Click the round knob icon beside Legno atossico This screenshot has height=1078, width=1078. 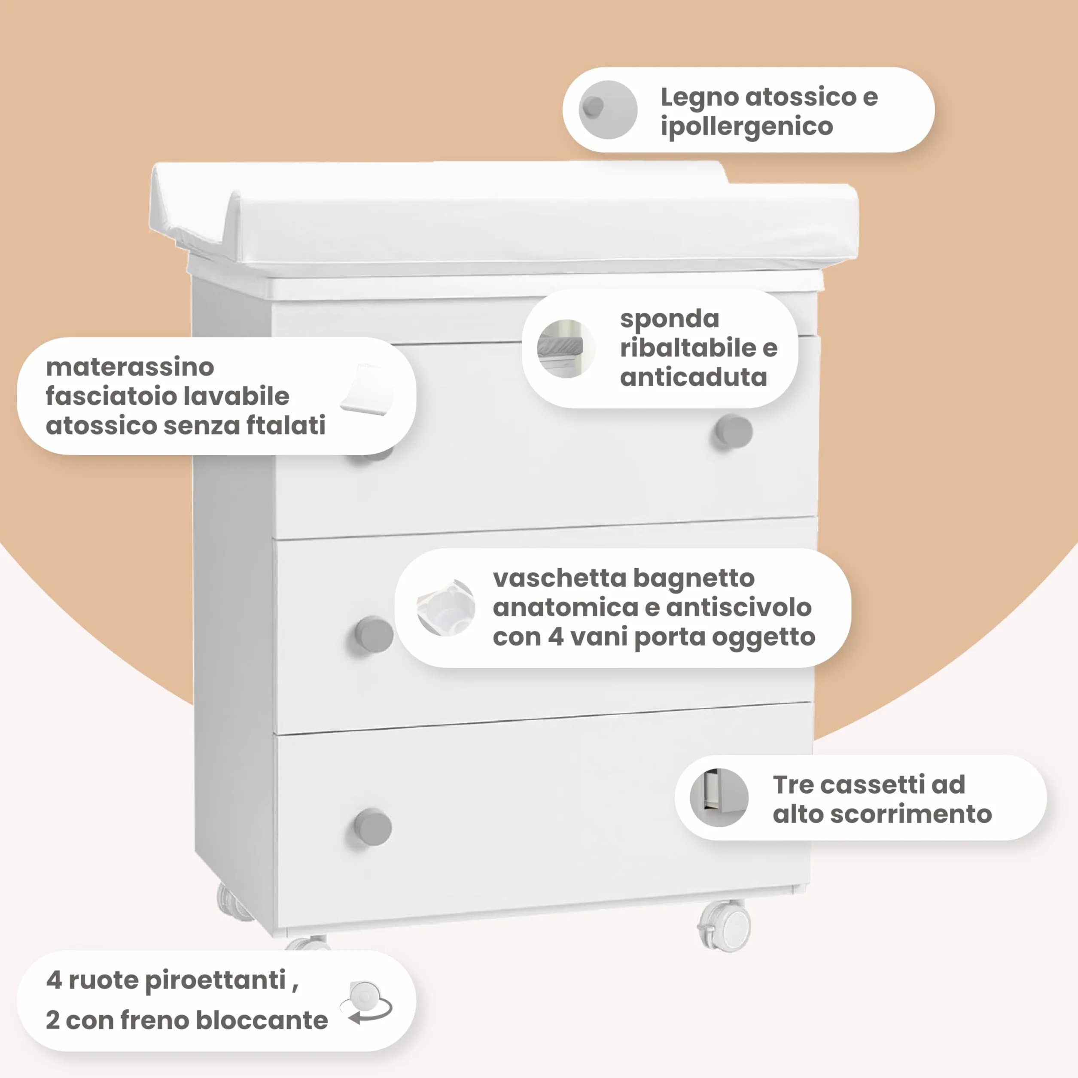(608, 110)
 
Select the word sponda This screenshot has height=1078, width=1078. (669, 320)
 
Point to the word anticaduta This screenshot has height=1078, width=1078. (693, 377)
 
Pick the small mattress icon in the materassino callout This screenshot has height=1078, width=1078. (368, 390)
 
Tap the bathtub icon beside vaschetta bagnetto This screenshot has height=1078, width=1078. (446, 608)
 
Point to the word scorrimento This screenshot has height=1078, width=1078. (911, 814)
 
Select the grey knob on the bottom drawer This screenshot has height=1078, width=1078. (373, 827)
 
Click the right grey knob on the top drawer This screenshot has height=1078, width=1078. (734, 431)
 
